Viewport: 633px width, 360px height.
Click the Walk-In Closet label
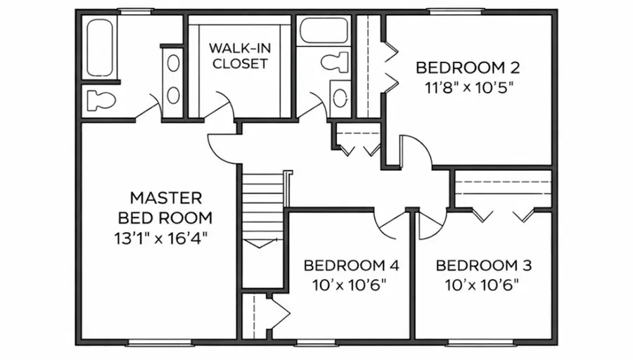pyautogui.click(x=240, y=56)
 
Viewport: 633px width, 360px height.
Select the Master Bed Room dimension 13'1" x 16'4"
pyautogui.click(x=160, y=238)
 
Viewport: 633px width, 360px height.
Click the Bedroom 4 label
pyautogui.click(x=351, y=266)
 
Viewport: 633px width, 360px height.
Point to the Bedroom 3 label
pyautogui.click(x=484, y=266)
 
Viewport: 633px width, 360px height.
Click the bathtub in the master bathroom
pyautogui.click(x=100, y=48)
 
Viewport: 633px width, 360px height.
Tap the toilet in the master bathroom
pyautogui.click(x=101, y=100)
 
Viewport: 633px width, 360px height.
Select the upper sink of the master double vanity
pyautogui.click(x=173, y=63)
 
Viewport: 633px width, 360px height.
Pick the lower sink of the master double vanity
pyautogui.click(x=173, y=95)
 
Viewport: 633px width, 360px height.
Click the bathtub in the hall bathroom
pyautogui.click(x=324, y=30)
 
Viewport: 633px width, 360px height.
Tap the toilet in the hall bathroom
pyautogui.click(x=335, y=62)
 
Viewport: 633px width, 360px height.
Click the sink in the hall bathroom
pyautogui.click(x=340, y=98)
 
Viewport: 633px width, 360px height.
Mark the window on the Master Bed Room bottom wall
pyautogui.click(x=160, y=342)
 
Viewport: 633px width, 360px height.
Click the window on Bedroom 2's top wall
pyautogui.click(x=456, y=11)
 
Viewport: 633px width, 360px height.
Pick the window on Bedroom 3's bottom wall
pyautogui.click(x=481, y=342)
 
